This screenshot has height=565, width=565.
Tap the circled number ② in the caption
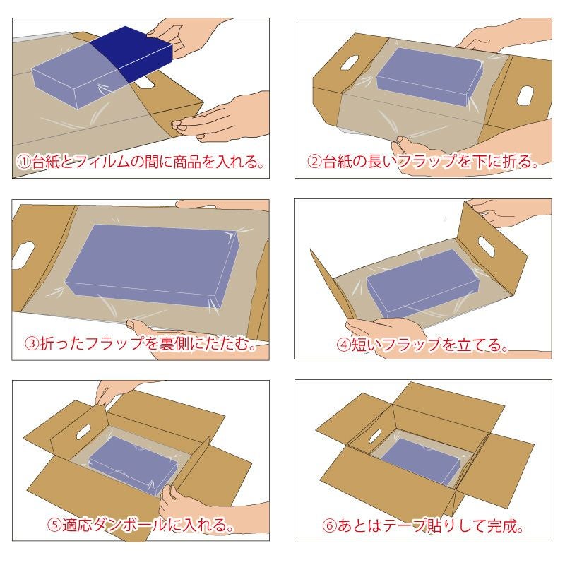click(x=315, y=162)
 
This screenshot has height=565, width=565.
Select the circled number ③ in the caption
click(x=32, y=345)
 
